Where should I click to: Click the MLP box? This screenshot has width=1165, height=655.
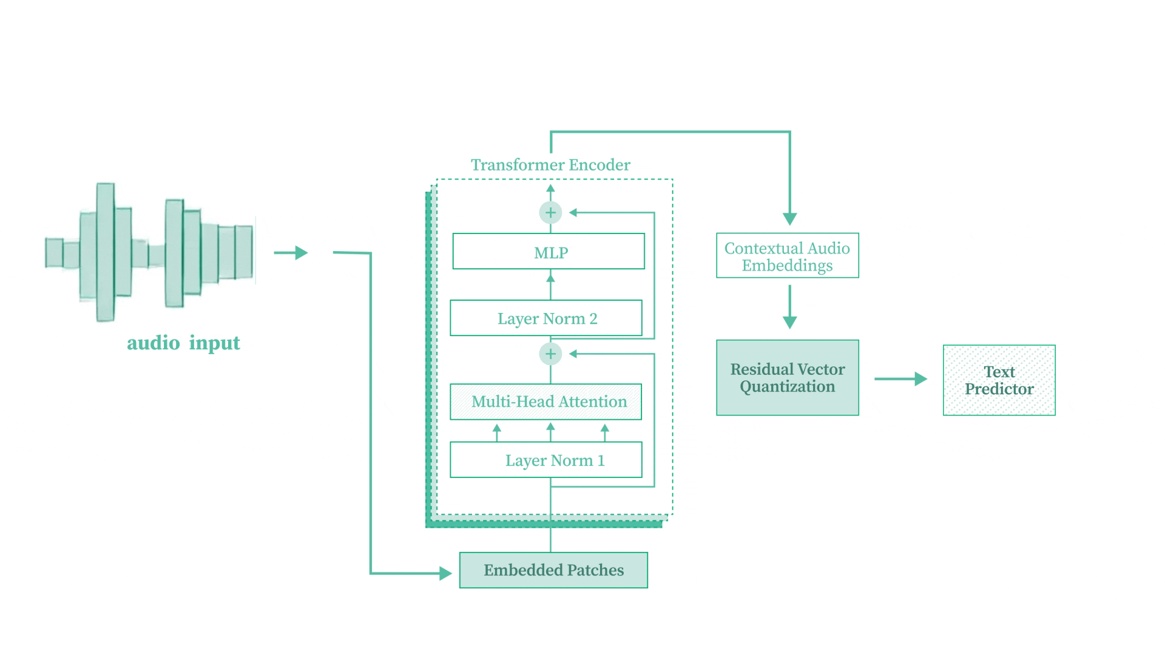(x=549, y=252)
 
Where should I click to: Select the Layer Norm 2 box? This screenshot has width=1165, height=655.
(x=546, y=318)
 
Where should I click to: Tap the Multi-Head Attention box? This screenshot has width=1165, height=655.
(x=545, y=401)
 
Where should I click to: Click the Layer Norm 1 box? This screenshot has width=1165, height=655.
(x=546, y=460)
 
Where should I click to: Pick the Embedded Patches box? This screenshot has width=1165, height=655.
(x=553, y=570)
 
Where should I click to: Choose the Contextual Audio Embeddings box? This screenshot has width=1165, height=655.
(x=787, y=256)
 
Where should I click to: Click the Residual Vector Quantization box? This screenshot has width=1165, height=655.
(x=787, y=378)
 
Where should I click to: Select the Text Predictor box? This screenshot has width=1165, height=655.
(x=999, y=380)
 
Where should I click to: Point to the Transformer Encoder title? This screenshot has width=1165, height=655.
(x=550, y=165)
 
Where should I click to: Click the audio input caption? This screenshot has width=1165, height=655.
(x=183, y=343)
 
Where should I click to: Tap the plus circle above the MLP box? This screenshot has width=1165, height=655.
(x=550, y=213)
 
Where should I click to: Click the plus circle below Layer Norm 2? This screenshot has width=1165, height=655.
(x=550, y=354)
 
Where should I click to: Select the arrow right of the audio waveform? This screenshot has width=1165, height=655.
(x=291, y=253)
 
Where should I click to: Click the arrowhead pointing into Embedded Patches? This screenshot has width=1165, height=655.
(x=446, y=573)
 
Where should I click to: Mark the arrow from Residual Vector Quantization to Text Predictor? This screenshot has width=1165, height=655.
(x=900, y=379)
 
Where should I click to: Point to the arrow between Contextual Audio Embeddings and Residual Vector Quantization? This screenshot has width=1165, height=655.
(x=789, y=307)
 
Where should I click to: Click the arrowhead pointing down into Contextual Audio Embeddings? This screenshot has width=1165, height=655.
(x=789, y=218)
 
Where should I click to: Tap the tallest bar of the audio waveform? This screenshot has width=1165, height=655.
(x=106, y=252)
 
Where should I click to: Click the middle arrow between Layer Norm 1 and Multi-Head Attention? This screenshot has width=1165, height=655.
(x=550, y=432)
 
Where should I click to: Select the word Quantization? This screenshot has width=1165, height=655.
(x=787, y=387)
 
